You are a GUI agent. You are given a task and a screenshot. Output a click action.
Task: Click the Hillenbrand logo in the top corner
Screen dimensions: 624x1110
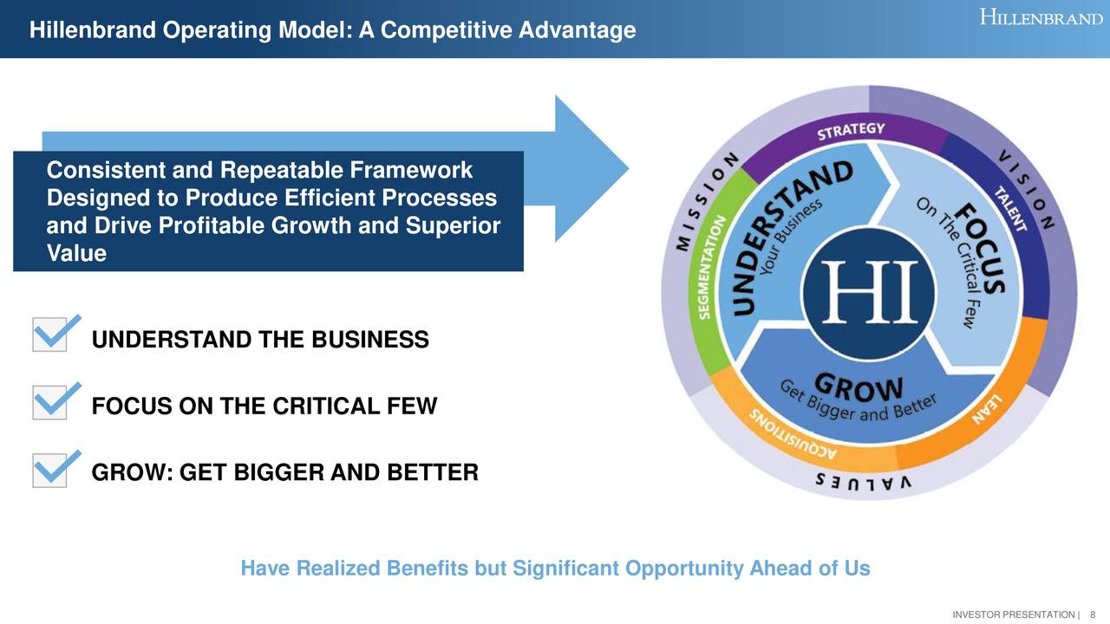tap(1041, 17)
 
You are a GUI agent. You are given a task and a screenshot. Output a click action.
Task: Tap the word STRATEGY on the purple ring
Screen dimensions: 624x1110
tap(851, 132)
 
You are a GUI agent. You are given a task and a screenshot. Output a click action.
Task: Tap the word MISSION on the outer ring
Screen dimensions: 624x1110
tap(706, 203)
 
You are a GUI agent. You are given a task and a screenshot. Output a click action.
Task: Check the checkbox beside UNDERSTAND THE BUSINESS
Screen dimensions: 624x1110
tap(49, 335)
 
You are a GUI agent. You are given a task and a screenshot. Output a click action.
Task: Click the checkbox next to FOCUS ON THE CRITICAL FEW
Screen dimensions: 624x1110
tap(49, 402)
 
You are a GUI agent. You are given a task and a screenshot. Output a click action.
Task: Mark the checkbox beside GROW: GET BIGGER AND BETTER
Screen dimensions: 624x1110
tap(49, 470)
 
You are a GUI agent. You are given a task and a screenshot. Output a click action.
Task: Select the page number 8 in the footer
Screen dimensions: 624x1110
tap(1093, 614)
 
